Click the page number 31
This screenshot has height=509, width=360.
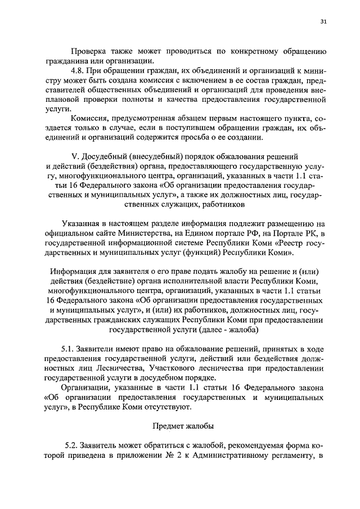[x=323, y=22]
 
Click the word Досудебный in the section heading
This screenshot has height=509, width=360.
[x=101, y=155]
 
